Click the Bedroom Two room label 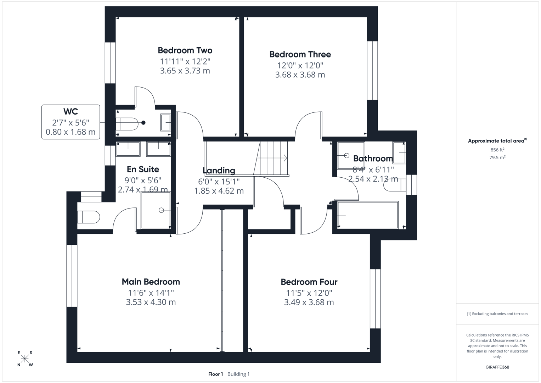(x=185, y=50)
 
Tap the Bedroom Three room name (x=300, y=54)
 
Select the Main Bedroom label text (x=151, y=282)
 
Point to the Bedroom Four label (x=309, y=282)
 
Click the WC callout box (x=71, y=122)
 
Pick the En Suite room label (x=143, y=169)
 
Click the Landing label (x=219, y=171)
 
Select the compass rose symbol (x=25, y=359)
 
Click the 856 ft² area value (x=497, y=150)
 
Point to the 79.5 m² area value (x=497, y=157)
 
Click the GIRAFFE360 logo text (x=497, y=367)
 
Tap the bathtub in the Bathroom (x=368, y=215)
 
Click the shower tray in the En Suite (x=156, y=210)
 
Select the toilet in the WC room (x=127, y=124)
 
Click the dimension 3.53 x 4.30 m (x=151, y=302)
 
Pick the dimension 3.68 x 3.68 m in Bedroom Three (x=300, y=75)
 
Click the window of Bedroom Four (x=375, y=299)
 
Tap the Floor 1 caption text (x=215, y=374)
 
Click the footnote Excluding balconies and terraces (x=497, y=313)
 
